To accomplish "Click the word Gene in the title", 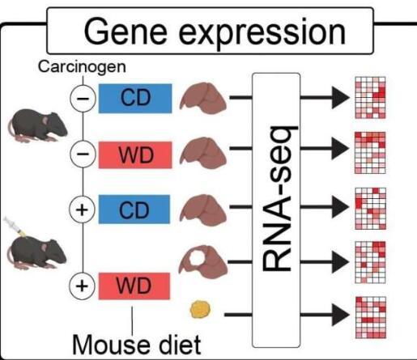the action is coord(126,32).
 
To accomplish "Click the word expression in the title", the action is coord(262,33).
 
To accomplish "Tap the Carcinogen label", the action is coord(82,67).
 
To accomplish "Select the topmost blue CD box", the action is coord(135,99).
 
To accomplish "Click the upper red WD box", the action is coord(135,155).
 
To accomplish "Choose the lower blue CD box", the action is coord(134,210).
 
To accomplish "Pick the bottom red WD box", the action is coord(134,286).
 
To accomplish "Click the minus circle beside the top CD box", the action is coord(83,99).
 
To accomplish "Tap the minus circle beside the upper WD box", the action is coord(83,154).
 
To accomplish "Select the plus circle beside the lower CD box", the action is coord(82,210).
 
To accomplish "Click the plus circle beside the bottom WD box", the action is coord(82,286).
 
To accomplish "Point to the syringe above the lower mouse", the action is coord(15,226).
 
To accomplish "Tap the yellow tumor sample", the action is coord(200,309).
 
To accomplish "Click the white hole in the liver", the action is coord(197,257).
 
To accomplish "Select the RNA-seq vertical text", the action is coord(277,199).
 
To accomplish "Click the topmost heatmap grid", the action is coord(370,98).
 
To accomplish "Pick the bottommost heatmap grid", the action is coord(371,317).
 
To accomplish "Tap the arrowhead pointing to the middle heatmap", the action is coord(340,207).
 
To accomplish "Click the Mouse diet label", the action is coord(137,345).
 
